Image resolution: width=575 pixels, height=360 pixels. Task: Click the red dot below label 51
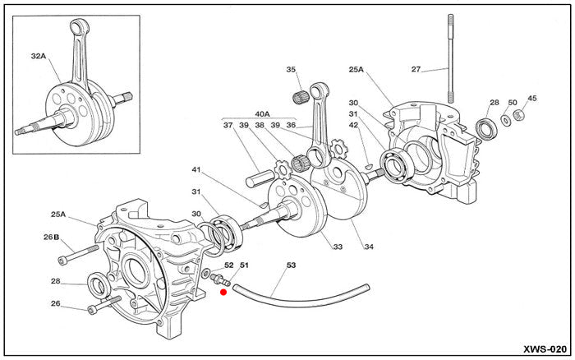(x=223, y=291)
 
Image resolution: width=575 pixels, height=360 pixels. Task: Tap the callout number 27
(x=416, y=70)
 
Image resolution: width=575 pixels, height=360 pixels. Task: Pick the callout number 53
(x=291, y=265)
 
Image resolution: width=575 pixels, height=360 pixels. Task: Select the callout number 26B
(x=52, y=238)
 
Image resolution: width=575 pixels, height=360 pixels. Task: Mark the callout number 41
(x=196, y=170)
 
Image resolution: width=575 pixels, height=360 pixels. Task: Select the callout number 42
(x=353, y=125)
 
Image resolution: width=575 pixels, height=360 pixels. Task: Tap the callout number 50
(x=513, y=103)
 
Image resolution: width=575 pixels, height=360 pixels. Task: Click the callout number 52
(x=229, y=265)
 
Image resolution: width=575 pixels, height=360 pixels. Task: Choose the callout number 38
(x=260, y=125)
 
